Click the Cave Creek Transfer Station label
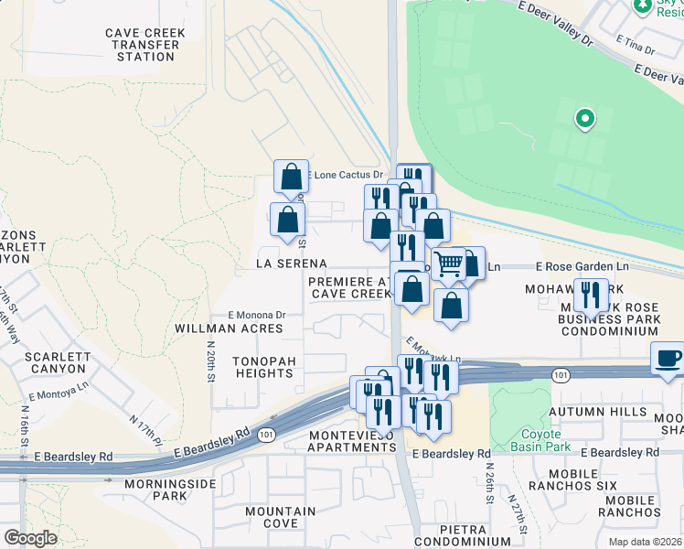coord(145,45)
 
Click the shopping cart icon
coord(448,265)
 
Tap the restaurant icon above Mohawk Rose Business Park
coord(591,296)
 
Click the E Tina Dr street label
coord(636,42)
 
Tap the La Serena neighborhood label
coord(292,264)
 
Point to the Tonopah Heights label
coord(263,367)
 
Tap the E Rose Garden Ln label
coord(582,266)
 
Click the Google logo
coord(30,538)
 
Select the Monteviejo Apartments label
coord(351,440)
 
